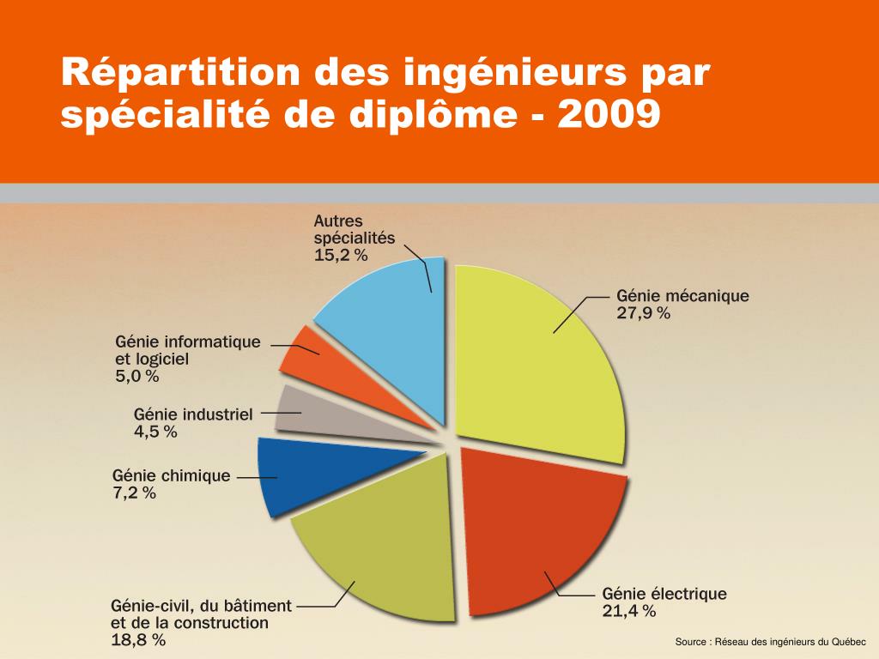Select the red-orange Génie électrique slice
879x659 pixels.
coord(541,532)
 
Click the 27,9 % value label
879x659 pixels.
coord(643,313)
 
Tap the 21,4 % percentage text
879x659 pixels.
coord(629,611)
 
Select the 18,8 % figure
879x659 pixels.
coord(138,640)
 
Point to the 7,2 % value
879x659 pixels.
coord(134,493)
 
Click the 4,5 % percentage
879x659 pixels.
coord(155,432)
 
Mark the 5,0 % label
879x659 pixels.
coord(137,376)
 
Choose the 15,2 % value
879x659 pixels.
coord(341,255)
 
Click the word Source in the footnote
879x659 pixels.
coord(690,642)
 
